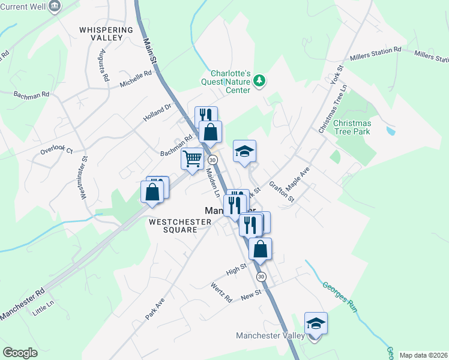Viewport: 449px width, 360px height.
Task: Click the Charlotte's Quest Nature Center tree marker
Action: click(259, 80)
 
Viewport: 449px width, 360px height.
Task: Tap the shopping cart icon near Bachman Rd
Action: click(192, 160)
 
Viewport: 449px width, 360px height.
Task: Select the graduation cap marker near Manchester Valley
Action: click(316, 325)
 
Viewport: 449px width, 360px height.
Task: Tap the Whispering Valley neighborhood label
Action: click(106, 34)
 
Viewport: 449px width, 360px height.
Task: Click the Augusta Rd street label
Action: click(104, 65)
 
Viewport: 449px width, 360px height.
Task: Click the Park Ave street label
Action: click(154, 307)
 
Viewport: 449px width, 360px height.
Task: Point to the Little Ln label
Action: click(43, 309)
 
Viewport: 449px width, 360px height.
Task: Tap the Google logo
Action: click(20, 353)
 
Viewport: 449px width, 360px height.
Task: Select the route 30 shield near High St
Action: click(261, 277)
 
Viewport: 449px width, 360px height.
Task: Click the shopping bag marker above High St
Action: click(260, 250)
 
